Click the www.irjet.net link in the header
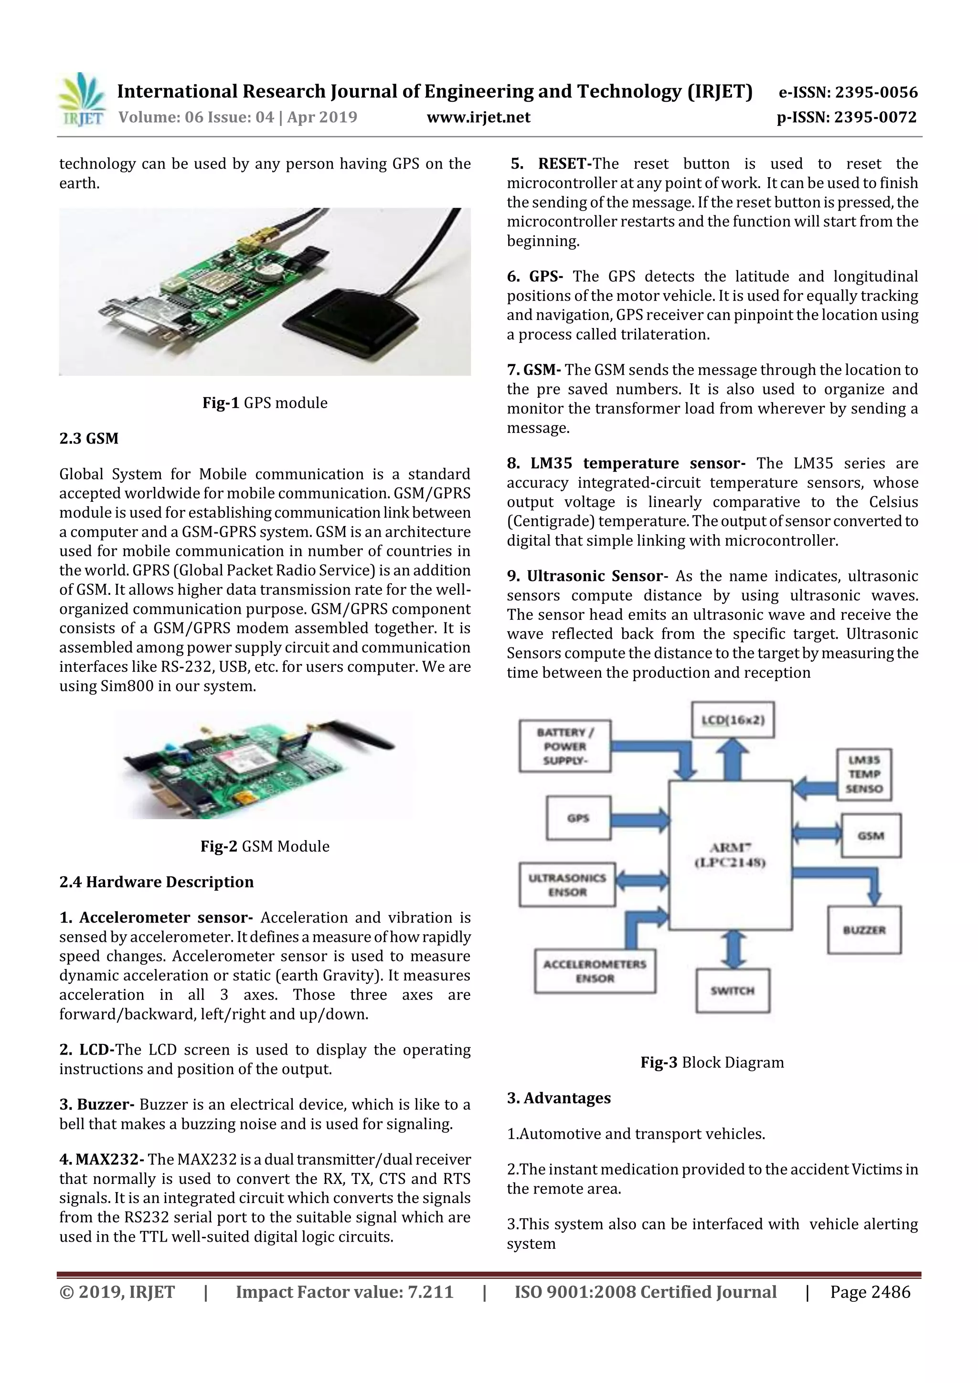click(478, 117)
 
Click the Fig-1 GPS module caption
click(265, 403)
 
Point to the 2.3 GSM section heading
click(89, 439)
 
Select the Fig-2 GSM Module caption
click(265, 846)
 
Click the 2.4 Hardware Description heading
click(156, 882)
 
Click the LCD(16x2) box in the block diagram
click(733, 720)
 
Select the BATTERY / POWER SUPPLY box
click(564, 746)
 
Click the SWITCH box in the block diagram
click(732, 991)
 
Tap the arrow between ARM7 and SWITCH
click(732, 950)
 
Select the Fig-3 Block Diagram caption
click(712, 1063)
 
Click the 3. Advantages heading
click(559, 1098)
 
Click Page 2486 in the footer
click(870, 1292)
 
